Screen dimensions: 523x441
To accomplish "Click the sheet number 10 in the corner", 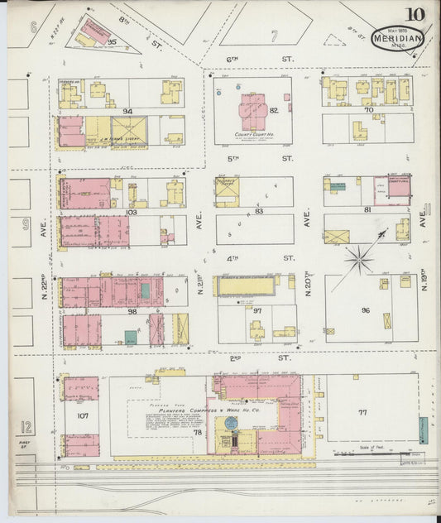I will [415, 14].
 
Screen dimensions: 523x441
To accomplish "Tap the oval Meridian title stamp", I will [398, 38].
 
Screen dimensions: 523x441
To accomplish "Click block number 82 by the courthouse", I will [273, 110].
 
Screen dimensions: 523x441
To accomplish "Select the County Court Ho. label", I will [252, 134].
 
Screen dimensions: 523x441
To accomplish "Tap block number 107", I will [82, 415].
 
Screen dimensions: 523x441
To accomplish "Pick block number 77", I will [362, 410].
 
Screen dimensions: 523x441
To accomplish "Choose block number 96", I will [365, 310].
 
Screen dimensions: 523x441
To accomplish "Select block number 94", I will [127, 111].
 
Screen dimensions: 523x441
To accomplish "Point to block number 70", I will [368, 109].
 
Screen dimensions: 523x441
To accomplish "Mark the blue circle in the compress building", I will [231, 424].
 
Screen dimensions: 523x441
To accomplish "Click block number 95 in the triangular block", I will [112, 41].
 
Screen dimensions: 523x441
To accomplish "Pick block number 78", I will [197, 432].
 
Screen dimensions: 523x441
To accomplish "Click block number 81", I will [367, 210].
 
